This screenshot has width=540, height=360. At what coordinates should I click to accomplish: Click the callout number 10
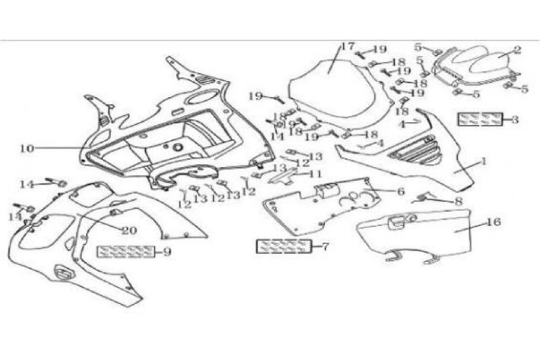(x=26, y=149)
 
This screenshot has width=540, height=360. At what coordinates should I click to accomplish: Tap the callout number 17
(x=348, y=47)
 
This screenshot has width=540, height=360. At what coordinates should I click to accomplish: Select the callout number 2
(x=517, y=51)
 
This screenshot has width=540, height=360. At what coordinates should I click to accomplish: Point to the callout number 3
(x=515, y=119)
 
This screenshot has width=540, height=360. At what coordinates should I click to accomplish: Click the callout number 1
(x=484, y=162)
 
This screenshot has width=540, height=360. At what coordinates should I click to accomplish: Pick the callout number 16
(x=493, y=223)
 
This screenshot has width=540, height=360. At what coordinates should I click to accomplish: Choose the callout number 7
(x=326, y=246)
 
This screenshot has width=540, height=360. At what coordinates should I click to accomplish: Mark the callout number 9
(x=167, y=252)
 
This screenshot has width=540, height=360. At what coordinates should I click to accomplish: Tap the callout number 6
(x=400, y=191)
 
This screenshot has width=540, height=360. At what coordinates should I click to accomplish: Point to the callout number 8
(x=458, y=202)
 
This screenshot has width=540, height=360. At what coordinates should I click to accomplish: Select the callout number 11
(x=316, y=174)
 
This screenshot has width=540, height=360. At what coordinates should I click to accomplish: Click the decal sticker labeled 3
(x=479, y=119)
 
